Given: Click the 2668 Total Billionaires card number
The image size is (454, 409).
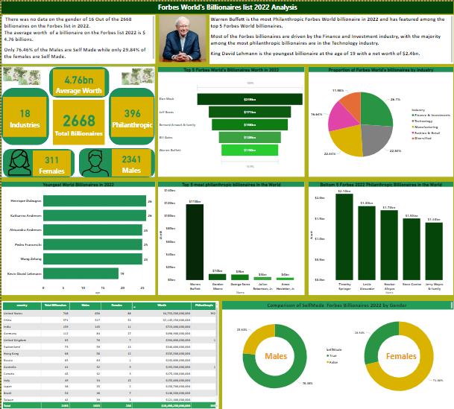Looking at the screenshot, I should click(79, 121).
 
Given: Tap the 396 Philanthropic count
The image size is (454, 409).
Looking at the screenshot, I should click(132, 113).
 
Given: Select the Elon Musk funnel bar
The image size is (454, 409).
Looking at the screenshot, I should click(249, 98).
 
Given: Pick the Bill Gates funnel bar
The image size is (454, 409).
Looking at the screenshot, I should click(249, 138).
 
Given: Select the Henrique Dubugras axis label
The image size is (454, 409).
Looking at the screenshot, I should click(26, 202).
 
